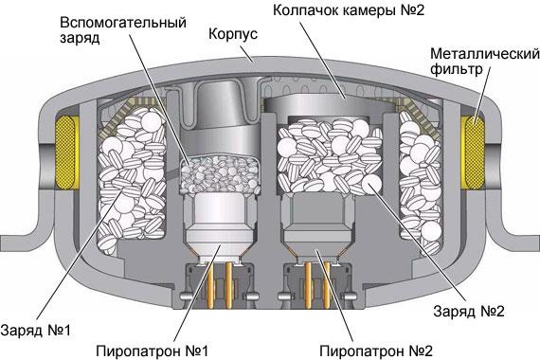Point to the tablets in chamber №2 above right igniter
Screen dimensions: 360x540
[x=322, y=156]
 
